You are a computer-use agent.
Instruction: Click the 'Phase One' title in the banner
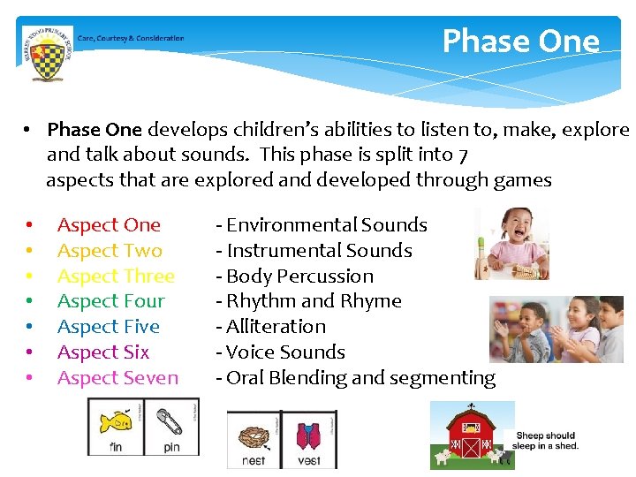[x=520, y=42]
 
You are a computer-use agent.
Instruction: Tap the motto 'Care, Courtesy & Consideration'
[x=131, y=38]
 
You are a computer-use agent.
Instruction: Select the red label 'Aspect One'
[x=109, y=225]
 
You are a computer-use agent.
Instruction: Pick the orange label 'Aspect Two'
[x=110, y=251]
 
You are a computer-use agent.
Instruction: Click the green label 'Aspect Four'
[x=110, y=301]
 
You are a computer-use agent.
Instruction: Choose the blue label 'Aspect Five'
[x=108, y=327]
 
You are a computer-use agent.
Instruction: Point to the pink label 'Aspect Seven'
[x=117, y=378]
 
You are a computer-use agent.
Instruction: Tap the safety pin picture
[x=170, y=420]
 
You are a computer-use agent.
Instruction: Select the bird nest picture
[x=253, y=434]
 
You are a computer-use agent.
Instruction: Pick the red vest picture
[x=308, y=434]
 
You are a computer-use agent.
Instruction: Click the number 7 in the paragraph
[x=463, y=155]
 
